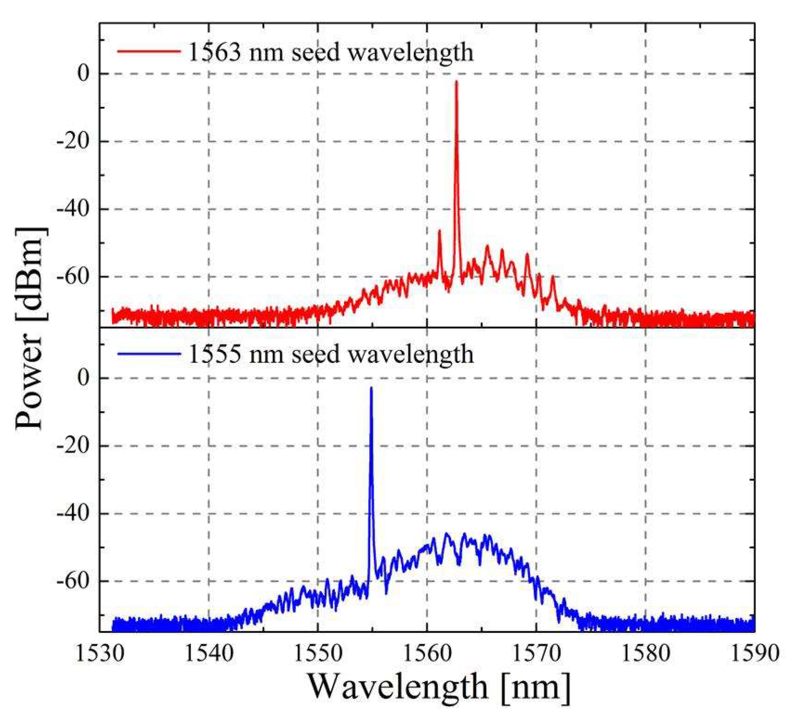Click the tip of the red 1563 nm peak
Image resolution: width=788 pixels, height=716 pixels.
(456, 82)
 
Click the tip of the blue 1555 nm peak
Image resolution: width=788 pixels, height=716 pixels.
(371, 388)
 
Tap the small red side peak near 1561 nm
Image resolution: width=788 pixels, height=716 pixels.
(439, 232)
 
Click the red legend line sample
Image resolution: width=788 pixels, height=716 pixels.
(149, 51)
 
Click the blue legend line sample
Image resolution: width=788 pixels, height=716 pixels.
(149, 354)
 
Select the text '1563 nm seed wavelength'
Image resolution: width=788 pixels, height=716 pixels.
(331, 52)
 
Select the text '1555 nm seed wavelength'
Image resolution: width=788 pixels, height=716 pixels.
(331, 354)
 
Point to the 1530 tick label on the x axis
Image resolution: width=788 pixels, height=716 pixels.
(100, 653)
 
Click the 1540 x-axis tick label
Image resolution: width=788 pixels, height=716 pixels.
(209, 653)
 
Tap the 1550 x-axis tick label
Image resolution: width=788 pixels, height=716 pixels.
(318, 653)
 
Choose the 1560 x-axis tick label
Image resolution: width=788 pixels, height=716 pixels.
(427, 653)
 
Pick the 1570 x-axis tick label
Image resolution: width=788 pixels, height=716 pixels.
(536, 653)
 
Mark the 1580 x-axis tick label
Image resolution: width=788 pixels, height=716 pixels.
(645, 653)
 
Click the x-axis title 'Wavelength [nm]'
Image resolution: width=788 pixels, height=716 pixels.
(439, 687)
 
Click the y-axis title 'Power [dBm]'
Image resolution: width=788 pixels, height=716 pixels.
(30, 329)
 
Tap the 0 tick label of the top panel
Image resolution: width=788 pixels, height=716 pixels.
(83, 74)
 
